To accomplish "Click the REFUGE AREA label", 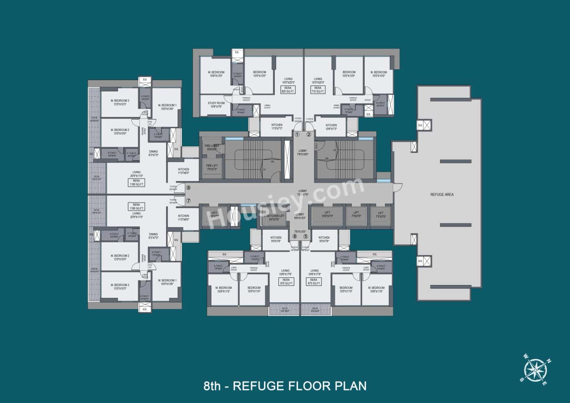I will [442, 195].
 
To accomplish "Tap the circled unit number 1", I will [297, 134].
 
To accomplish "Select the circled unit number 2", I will [309, 134].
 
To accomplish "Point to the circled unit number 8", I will [188, 188].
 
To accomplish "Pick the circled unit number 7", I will [188, 201].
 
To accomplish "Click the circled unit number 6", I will [294, 236].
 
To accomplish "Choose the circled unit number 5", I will [305, 236].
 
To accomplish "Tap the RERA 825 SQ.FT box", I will [288, 90].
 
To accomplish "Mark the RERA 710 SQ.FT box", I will [318, 90].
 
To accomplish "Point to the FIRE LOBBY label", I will [211, 147].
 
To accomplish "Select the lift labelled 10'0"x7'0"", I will [327, 214].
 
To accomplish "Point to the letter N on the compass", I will [549, 361].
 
